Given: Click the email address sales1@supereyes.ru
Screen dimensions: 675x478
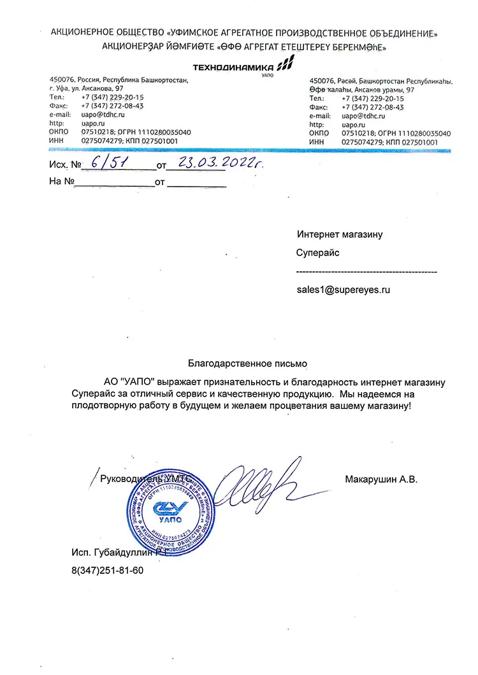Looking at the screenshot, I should (x=343, y=289).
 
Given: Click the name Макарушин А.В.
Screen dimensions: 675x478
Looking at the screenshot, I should (x=381, y=479).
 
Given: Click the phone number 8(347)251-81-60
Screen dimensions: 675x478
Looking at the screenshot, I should (x=108, y=570).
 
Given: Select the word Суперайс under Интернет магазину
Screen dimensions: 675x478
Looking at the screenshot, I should (x=317, y=253).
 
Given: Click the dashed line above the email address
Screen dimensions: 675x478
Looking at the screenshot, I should (x=366, y=272).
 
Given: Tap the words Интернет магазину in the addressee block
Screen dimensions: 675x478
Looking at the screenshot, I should (x=340, y=234).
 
